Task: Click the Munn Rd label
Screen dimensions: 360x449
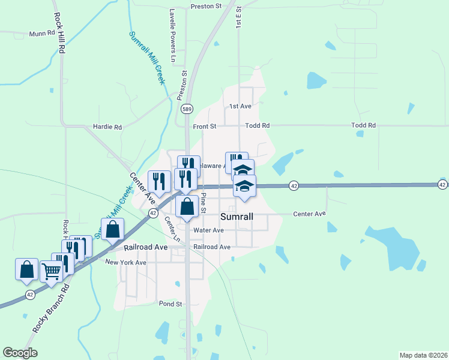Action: (41, 34)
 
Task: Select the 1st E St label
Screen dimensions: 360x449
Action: (238, 18)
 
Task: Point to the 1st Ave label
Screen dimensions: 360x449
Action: (240, 106)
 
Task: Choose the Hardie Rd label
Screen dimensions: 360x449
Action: (107, 127)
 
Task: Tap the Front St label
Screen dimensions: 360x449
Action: (205, 127)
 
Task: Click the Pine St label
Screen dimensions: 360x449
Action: (203, 203)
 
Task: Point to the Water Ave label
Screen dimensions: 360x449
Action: (209, 230)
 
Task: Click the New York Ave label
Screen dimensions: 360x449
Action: (126, 263)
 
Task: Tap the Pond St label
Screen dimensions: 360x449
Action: (170, 304)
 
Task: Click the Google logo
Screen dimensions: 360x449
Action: (20, 353)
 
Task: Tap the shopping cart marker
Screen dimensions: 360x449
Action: (51, 271)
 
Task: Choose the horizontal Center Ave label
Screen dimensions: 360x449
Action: (309, 214)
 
